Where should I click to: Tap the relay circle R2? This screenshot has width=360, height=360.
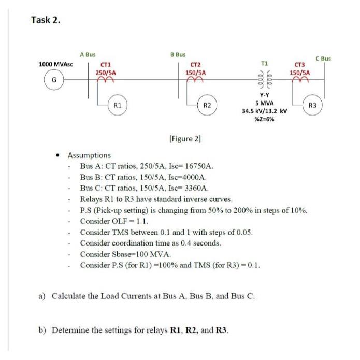207,106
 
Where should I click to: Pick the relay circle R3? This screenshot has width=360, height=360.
311,106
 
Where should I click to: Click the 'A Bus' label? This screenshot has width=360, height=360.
88,54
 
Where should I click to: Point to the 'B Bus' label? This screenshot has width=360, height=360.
178,54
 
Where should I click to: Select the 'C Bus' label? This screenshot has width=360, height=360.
325,59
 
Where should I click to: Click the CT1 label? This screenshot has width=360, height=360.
106,64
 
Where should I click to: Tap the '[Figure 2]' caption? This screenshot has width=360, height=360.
185,139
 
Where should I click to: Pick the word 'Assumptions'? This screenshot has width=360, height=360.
89,155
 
